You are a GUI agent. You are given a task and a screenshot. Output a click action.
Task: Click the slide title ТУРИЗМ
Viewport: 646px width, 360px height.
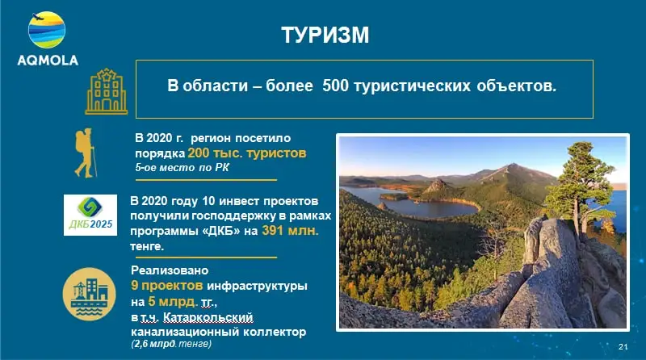pyautogui.click(x=325, y=35)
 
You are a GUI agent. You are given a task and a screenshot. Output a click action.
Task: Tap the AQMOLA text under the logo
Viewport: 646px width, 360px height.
pyautogui.click(x=48, y=61)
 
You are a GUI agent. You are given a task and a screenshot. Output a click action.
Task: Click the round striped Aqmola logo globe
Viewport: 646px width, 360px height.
pyautogui.click(x=47, y=30)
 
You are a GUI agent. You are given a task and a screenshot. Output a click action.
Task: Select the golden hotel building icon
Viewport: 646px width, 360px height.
pyautogui.click(x=107, y=91)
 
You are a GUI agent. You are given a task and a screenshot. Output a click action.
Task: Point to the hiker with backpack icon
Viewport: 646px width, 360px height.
pyautogui.click(x=86, y=153)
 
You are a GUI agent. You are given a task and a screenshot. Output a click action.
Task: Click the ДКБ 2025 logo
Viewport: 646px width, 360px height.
pyautogui.click(x=90, y=215)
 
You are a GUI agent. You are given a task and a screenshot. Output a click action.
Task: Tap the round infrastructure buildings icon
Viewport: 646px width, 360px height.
pyautogui.click(x=89, y=294)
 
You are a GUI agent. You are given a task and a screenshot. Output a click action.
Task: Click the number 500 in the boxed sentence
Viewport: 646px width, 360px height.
pyautogui.click(x=335, y=86)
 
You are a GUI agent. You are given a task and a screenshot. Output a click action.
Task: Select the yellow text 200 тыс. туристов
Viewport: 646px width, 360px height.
pyautogui.click(x=247, y=153)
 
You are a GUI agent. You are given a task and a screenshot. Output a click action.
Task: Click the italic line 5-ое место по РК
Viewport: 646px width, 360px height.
pyautogui.click(x=182, y=168)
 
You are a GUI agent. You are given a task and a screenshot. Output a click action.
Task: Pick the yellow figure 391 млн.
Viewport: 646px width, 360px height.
pyautogui.click(x=290, y=230)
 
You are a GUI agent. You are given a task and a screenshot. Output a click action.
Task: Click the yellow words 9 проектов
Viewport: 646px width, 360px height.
pyautogui.click(x=167, y=285)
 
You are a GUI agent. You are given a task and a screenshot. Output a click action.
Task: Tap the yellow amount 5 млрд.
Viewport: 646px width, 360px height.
pyautogui.click(x=173, y=302)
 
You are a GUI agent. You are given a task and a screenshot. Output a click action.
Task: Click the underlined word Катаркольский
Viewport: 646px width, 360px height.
pyautogui.click(x=208, y=317)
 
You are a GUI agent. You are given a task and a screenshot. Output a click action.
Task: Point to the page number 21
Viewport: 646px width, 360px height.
pyautogui.click(x=623, y=346)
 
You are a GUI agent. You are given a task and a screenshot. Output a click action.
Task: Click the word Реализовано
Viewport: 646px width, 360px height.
pyautogui.click(x=170, y=270)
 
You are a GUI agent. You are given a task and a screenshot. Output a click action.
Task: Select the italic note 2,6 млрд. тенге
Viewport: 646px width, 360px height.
pyautogui.click(x=171, y=344)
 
